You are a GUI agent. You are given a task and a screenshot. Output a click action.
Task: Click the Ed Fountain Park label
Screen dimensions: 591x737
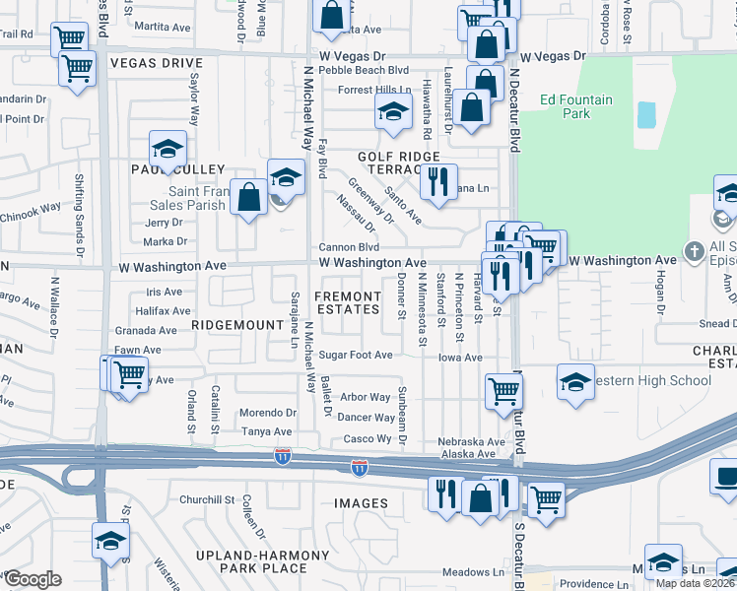pos(576,106)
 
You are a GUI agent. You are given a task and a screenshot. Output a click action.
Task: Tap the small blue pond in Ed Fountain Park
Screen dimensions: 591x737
pos(646,115)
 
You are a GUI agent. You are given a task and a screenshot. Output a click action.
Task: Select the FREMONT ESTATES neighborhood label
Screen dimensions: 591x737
pos(347,302)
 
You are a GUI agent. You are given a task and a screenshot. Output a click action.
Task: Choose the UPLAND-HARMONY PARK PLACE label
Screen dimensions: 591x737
pos(263,561)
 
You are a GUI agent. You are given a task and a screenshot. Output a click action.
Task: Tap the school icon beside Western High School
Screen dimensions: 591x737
pos(575,382)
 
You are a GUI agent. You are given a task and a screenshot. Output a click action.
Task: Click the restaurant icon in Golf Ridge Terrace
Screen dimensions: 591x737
pos(438,181)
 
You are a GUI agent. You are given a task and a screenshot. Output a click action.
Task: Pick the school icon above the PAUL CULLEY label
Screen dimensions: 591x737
pos(167,149)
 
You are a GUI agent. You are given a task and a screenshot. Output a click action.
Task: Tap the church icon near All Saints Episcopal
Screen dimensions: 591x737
pos(694,252)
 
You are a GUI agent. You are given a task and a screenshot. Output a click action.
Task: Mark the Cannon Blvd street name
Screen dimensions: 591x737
pos(348,247)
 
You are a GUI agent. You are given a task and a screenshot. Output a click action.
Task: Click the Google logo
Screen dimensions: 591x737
pos(32,578)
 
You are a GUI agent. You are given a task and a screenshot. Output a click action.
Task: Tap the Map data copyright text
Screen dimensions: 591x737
pos(695,583)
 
